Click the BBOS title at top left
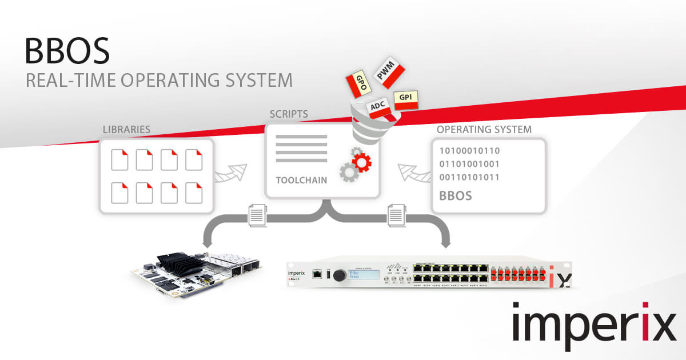pos(66,51)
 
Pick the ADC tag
pos(377,107)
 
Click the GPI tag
pos(406,98)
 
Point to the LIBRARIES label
pos(126,130)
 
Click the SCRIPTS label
pos(289,114)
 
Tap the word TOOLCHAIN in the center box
pos(301,180)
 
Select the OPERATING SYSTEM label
pos(484,130)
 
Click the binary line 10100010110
pos(469,151)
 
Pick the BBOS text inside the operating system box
pos(456,196)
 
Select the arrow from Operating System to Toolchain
pos(413,173)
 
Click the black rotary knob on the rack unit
pos(338,275)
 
